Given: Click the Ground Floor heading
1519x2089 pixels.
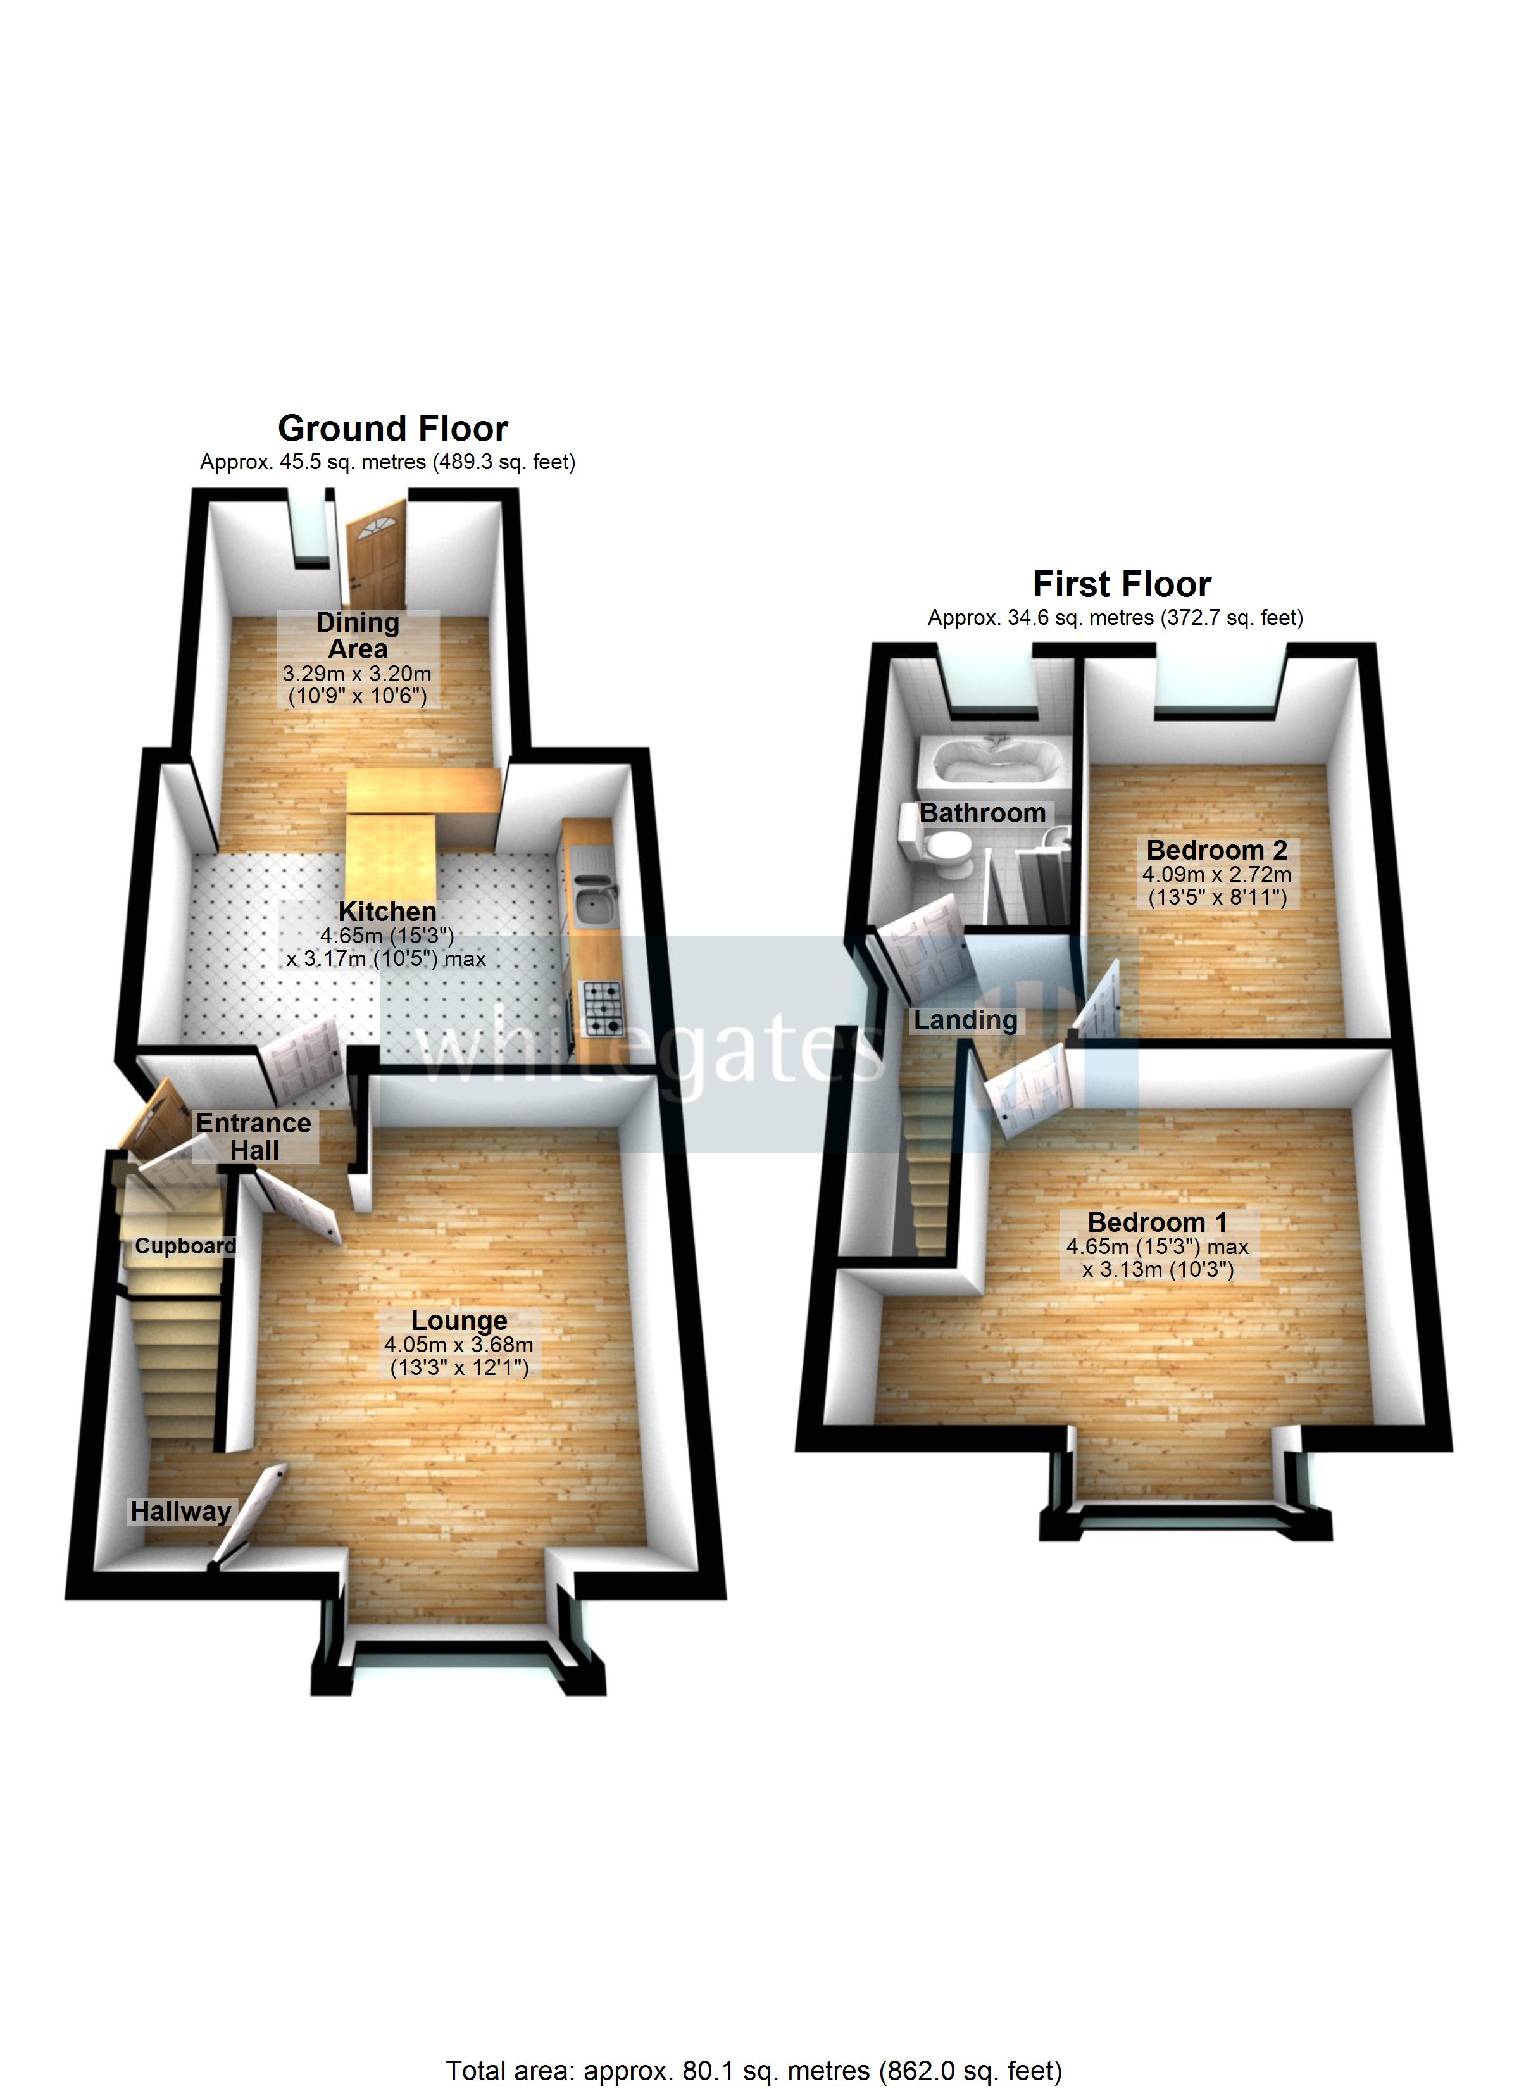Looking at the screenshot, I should (392, 429).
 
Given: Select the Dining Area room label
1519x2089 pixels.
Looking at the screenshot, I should (358, 636).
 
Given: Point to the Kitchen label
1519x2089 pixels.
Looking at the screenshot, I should (387, 912).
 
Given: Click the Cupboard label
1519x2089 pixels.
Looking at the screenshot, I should (185, 1246).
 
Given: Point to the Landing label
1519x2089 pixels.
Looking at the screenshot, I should (965, 1020).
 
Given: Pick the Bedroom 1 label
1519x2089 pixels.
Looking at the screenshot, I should (1157, 1222).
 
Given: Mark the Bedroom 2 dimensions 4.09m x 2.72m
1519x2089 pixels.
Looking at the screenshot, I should (1216, 875).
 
